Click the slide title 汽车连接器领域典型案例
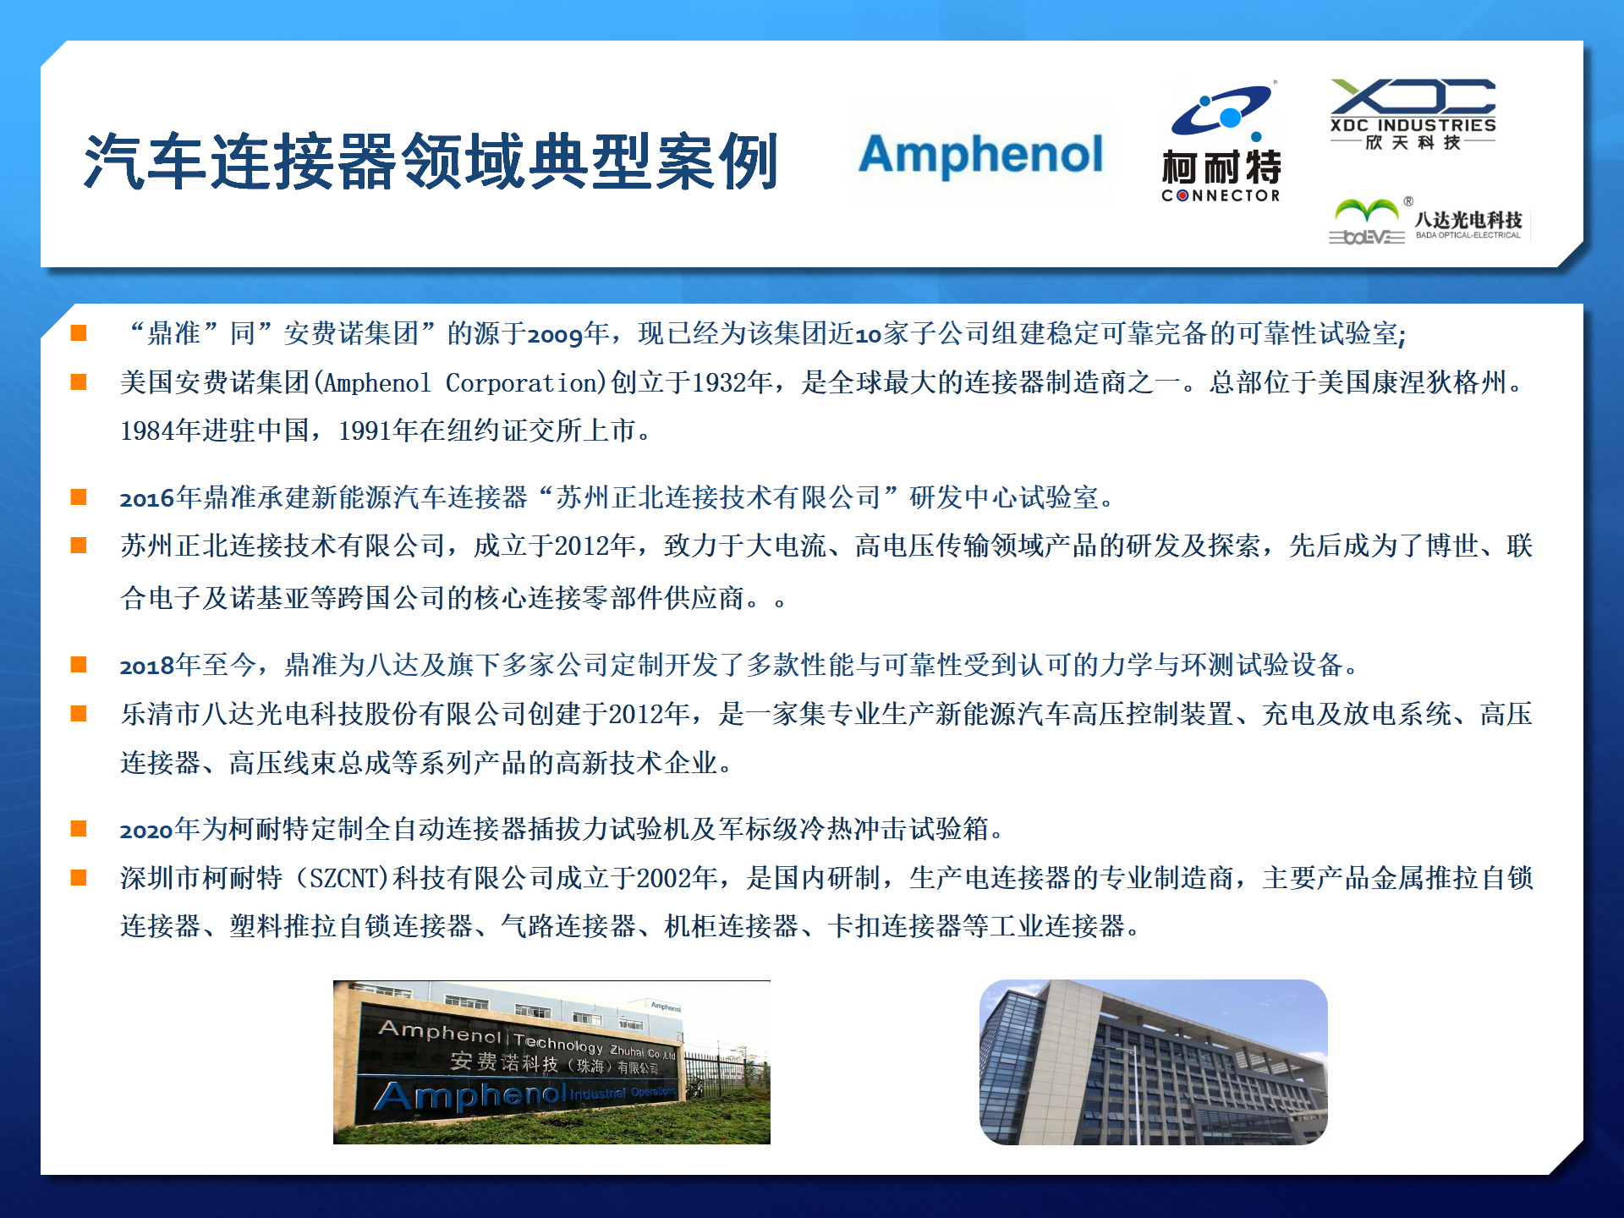coord(431,161)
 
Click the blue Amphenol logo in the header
coord(981,154)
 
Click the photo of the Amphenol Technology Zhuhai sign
coord(551,1062)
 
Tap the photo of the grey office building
coord(1154,1062)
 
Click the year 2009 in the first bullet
coord(555,335)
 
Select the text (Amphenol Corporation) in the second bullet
coord(461,383)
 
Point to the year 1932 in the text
coord(718,383)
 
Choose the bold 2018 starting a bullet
coord(147,667)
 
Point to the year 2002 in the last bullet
coord(664,879)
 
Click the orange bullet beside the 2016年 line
coord(79,497)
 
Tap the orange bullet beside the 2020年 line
coord(79,828)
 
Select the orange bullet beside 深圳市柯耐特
coord(79,877)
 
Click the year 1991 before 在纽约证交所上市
coord(365,431)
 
